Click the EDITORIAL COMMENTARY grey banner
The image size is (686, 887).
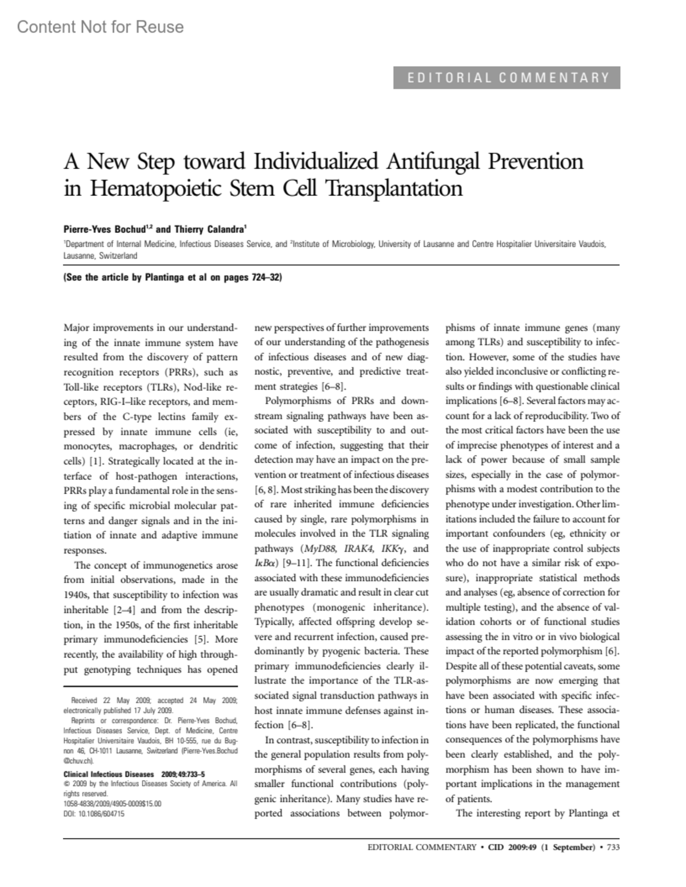click(506, 78)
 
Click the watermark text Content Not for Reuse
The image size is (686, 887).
click(100, 27)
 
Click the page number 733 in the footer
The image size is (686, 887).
click(612, 847)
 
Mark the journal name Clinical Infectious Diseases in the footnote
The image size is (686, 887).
click(108, 774)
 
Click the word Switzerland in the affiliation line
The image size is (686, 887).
click(118, 256)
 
